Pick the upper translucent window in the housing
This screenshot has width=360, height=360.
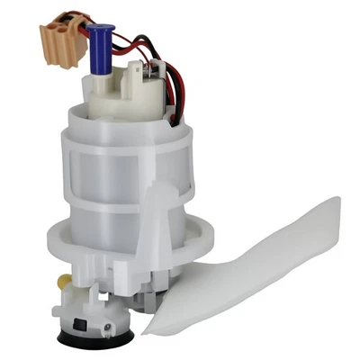point(108,171)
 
